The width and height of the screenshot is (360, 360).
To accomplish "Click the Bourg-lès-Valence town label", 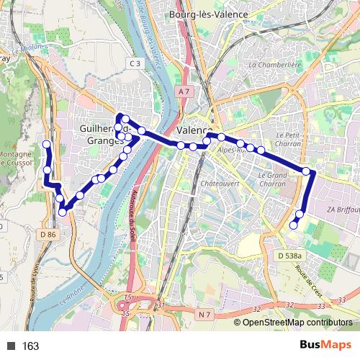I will [x=207, y=14].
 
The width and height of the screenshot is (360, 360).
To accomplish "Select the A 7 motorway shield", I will [x=184, y=91].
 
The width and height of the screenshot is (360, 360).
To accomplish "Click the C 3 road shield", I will [x=135, y=63].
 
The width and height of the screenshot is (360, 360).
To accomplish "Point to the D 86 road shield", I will [x=48, y=235].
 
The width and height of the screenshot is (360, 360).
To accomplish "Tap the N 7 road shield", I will [x=204, y=314].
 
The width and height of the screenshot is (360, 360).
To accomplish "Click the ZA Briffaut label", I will [x=342, y=209].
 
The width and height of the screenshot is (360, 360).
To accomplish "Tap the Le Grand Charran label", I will [x=272, y=174].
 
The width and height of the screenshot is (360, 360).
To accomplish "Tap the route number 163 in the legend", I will [x=30, y=346].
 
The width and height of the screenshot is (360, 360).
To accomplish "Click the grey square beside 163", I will [x=12, y=346].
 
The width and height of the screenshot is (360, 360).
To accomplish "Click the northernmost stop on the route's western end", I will [x=47, y=144].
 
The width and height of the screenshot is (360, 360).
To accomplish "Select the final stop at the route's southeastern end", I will [x=293, y=225].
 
